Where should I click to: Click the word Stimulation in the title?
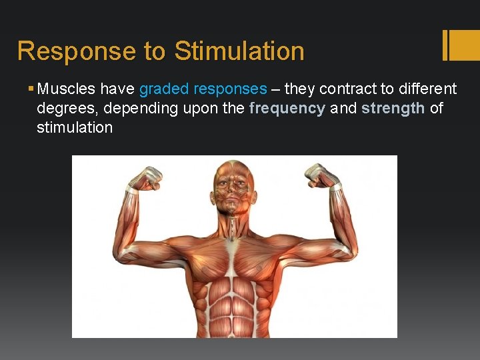click(239, 51)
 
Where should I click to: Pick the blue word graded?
click(164, 89)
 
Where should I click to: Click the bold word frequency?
click(287, 108)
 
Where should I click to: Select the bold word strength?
click(393, 108)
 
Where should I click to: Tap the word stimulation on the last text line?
click(75, 127)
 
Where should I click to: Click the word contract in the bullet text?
click(350, 89)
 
